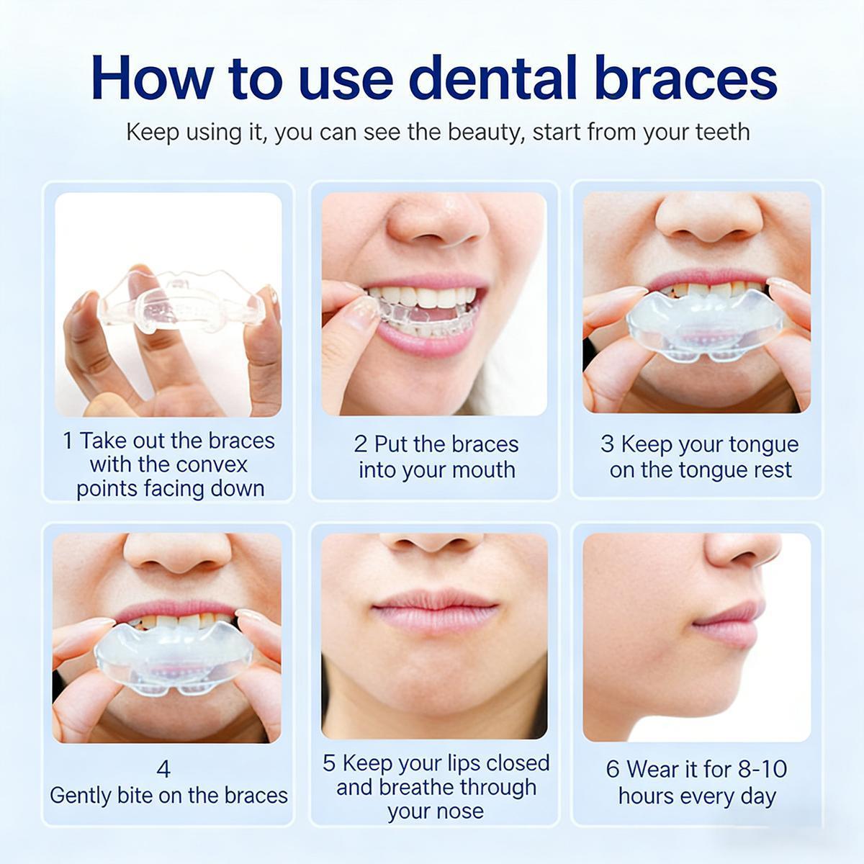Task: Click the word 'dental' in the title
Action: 492,77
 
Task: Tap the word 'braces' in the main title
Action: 686,77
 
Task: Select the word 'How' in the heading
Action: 153,77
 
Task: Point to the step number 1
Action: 68,441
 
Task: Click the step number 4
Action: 163,769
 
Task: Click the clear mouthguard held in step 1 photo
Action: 181,302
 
